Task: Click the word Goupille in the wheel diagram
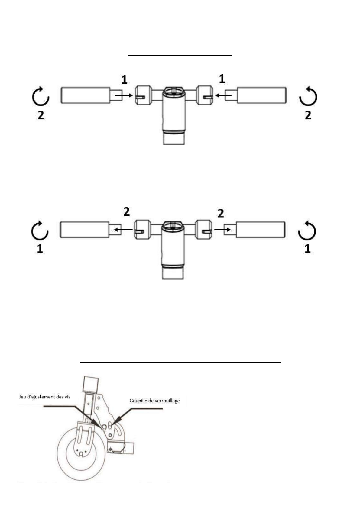[138, 401]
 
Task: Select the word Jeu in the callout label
[22, 397]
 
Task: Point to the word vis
[67, 397]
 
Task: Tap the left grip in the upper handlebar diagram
[86, 95]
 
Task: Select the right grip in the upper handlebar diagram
[261, 95]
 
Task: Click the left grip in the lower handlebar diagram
[84, 230]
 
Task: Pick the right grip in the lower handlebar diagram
[261, 230]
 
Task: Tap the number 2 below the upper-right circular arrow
[308, 115]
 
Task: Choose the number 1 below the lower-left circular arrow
[40, 249]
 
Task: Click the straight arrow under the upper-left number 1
[124, 95]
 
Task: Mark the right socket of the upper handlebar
[204, 95]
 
